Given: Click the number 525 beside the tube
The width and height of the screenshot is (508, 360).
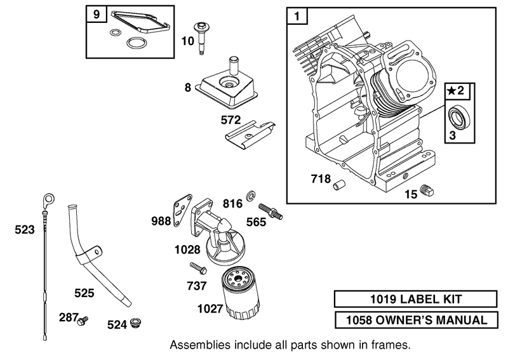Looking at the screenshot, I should coord(84,293).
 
